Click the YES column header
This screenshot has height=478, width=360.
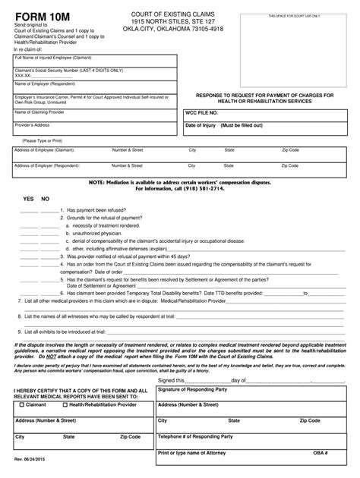28,197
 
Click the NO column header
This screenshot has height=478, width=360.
45,197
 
